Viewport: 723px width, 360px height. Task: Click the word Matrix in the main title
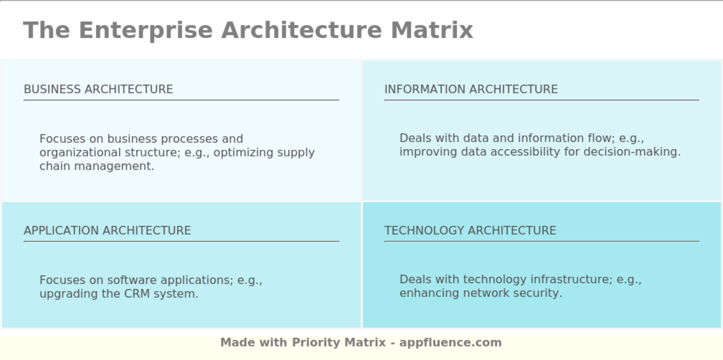point(432,30)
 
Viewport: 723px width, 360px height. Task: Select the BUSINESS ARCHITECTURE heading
point(99,89)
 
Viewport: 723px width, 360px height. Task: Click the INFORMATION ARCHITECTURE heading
point(471,89)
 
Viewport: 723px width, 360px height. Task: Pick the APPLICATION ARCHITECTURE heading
point(107,230)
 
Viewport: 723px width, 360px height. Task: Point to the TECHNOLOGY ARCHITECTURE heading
point(470,230)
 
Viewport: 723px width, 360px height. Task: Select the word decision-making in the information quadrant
point(632,152)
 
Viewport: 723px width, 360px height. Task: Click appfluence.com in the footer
point(450,342)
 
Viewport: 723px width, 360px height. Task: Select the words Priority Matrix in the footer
point(339,342)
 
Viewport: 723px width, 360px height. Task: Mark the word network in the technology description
point(486,293)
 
